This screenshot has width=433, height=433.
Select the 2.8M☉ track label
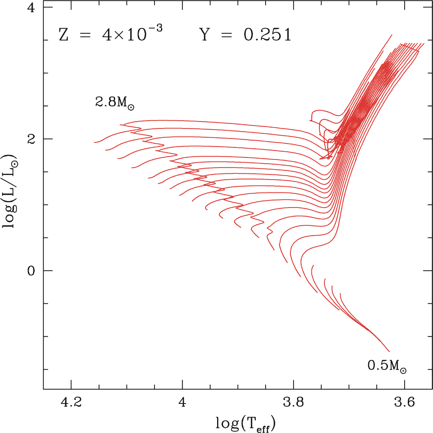point(114,103)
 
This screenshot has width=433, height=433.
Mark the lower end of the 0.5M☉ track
point(389,352)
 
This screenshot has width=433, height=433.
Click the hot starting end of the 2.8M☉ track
point(94,142)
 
